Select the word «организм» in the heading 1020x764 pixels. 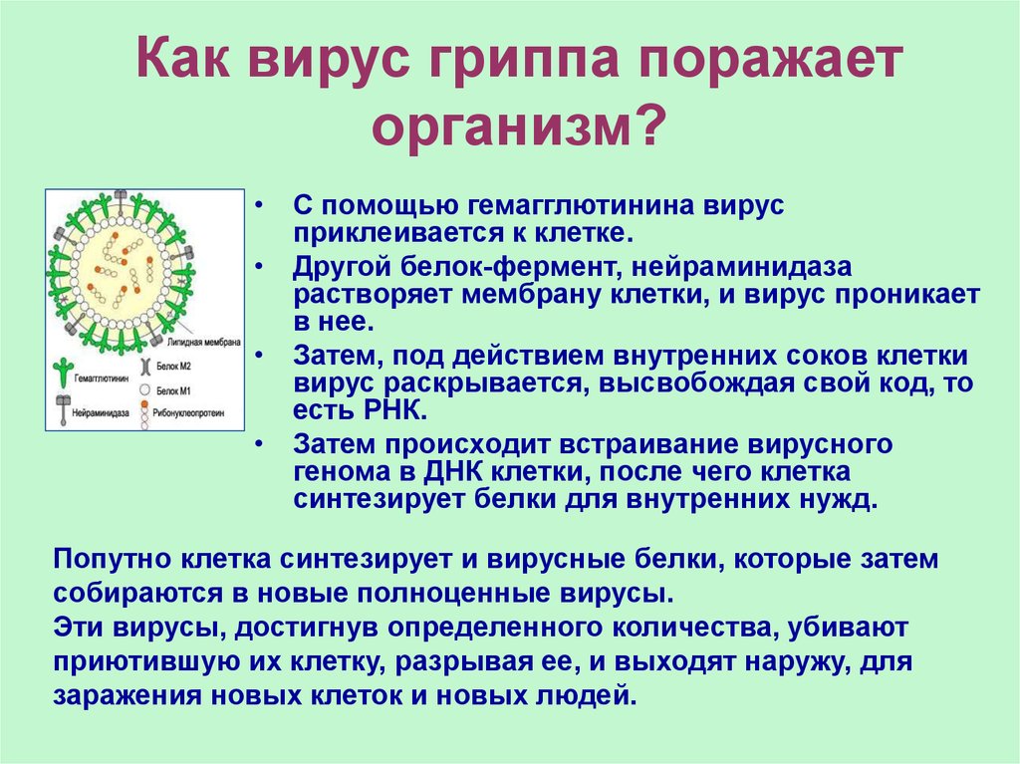pyautogui.click(x=500, y=127)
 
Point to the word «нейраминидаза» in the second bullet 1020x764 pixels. pyautogui.click(x=741, y=268)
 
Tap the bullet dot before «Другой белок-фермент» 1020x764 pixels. pyautogui.click(x=260, y=267)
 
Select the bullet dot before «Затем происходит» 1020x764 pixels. pyautogui.click(x=260, y=444)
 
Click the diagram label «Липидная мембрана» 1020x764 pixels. pyautogui.click(x=203, y=343)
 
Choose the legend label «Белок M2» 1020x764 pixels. pyautogui.click(x=173, y=367)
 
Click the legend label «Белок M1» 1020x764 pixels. pyautogui.click(x=173, y=391)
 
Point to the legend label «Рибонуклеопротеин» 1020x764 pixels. pyautogui.click(x=188, y=412)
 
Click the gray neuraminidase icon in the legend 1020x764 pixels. pyautogui.click(x=63, y=409)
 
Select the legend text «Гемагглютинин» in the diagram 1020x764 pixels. pyautogui.click(x=102, y=379)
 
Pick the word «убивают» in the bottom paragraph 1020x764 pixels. pyautogui.click(x=848, y=629)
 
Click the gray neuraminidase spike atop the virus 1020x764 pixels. pyautogui.click(x=121, y=199)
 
